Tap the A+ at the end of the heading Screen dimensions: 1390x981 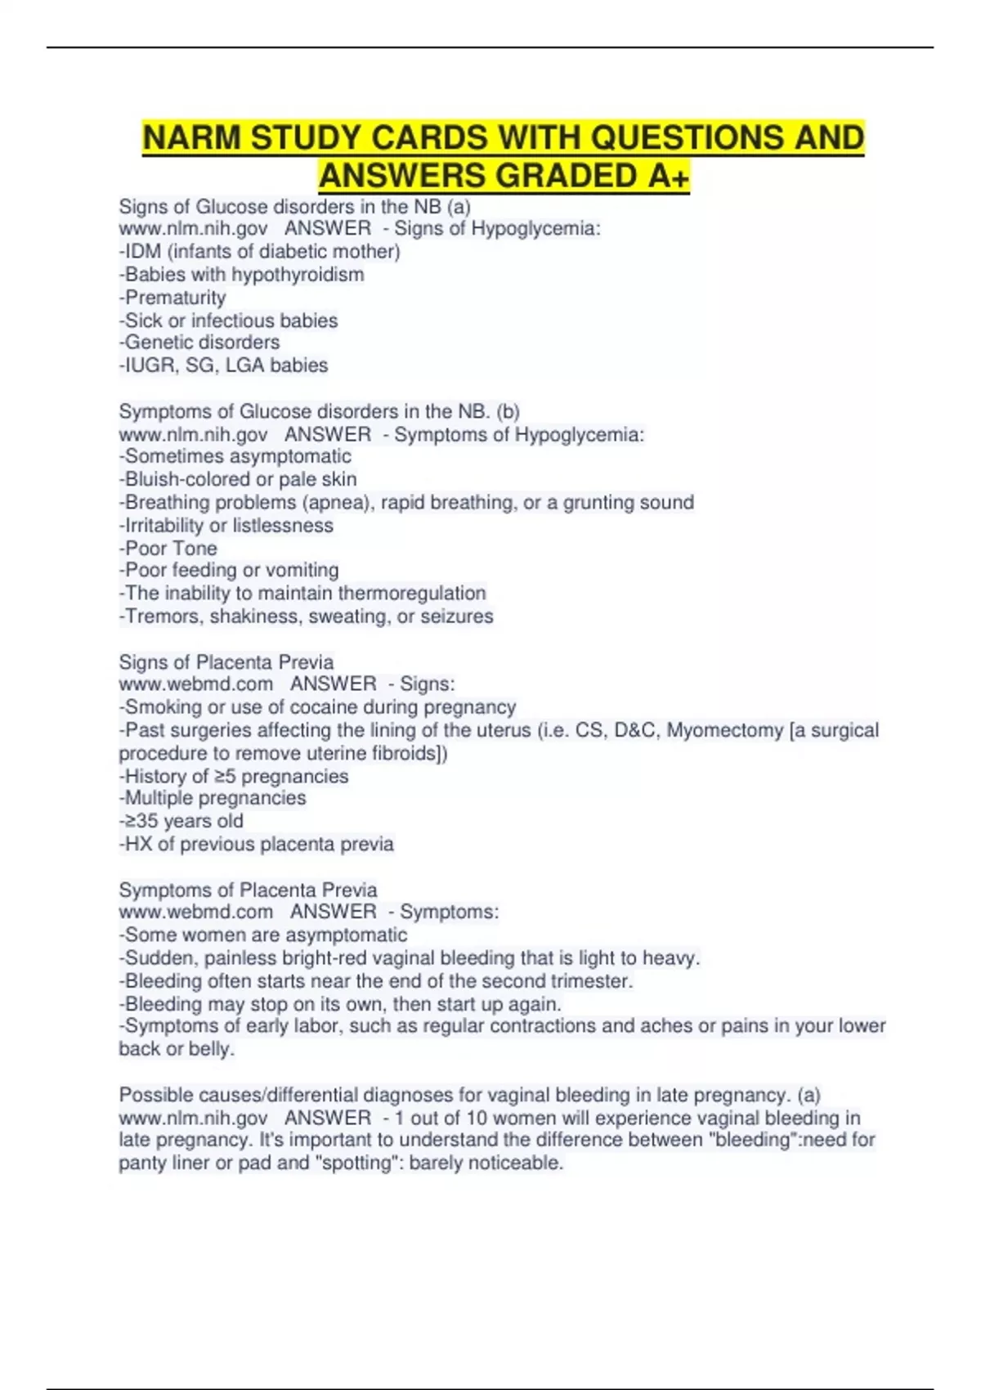667,176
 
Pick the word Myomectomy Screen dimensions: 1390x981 724,729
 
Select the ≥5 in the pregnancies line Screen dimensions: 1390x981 225,776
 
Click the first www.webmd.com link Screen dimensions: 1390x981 196,684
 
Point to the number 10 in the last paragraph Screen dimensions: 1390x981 477,1117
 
